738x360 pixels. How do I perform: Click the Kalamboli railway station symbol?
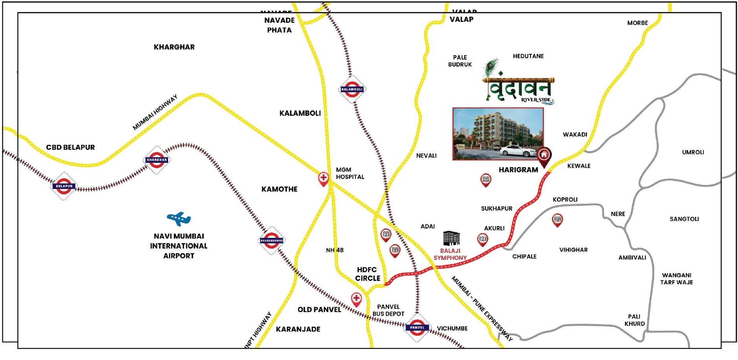click(352, 90)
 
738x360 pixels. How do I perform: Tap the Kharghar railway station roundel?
click(157, 160)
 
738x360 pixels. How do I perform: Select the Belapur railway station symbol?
click(64, 186)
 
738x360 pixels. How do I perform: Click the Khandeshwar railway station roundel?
click(271, 241)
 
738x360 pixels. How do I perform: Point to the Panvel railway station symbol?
click(417, 327)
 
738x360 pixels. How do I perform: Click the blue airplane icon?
click(179, 219)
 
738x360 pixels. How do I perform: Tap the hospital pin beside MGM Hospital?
click(323, 179)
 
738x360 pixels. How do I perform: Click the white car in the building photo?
click(515, 151)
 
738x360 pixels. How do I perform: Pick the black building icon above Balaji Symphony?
click(451, 238)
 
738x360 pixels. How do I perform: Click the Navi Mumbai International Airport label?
click(179, 246)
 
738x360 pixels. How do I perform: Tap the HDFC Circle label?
click(367, 274)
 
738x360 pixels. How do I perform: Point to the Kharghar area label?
click(174, 47)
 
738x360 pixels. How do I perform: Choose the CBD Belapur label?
click(70, 147)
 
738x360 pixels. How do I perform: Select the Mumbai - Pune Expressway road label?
click(482, 309)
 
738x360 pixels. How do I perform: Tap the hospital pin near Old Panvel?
click(356, 299)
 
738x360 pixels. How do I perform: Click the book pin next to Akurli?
click(483, 239)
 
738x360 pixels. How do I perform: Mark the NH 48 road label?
click(335, 250)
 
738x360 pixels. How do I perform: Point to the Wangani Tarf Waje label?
click(676, 279)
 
